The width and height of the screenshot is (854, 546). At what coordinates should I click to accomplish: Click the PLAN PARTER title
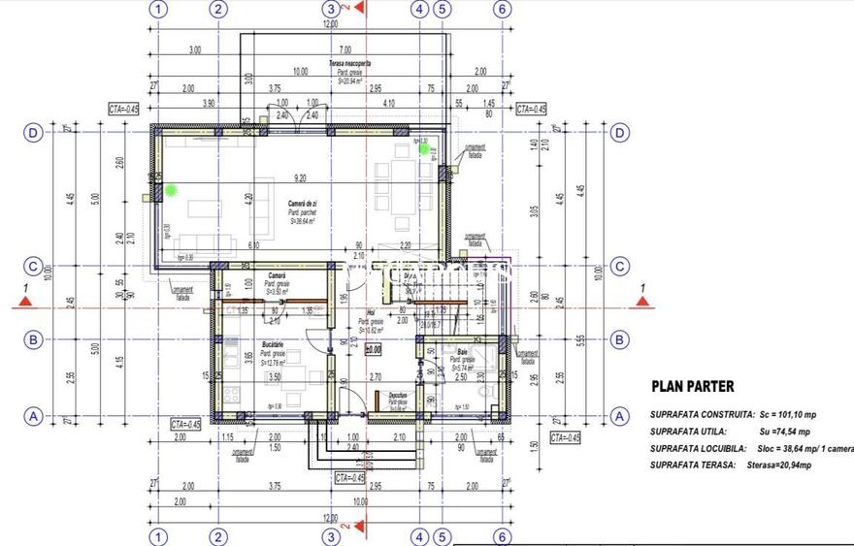point(692,386)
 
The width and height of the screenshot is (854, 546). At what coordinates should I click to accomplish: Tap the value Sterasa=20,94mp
point(775,466)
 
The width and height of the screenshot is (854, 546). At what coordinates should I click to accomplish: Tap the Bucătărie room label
point(272,344)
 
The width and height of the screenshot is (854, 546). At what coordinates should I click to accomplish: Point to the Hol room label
point(369,313)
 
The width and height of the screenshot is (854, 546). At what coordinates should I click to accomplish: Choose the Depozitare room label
point(398,395)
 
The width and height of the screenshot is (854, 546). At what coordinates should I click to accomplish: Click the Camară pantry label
point(277,276)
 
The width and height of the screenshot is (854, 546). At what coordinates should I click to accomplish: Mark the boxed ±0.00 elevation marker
point(373,348)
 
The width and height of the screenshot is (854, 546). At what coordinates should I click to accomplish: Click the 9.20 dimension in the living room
point(299,178)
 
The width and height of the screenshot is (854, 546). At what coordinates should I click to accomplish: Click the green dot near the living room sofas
point(172,190)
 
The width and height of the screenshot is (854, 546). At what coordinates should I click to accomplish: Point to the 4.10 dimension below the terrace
point(388,103)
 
